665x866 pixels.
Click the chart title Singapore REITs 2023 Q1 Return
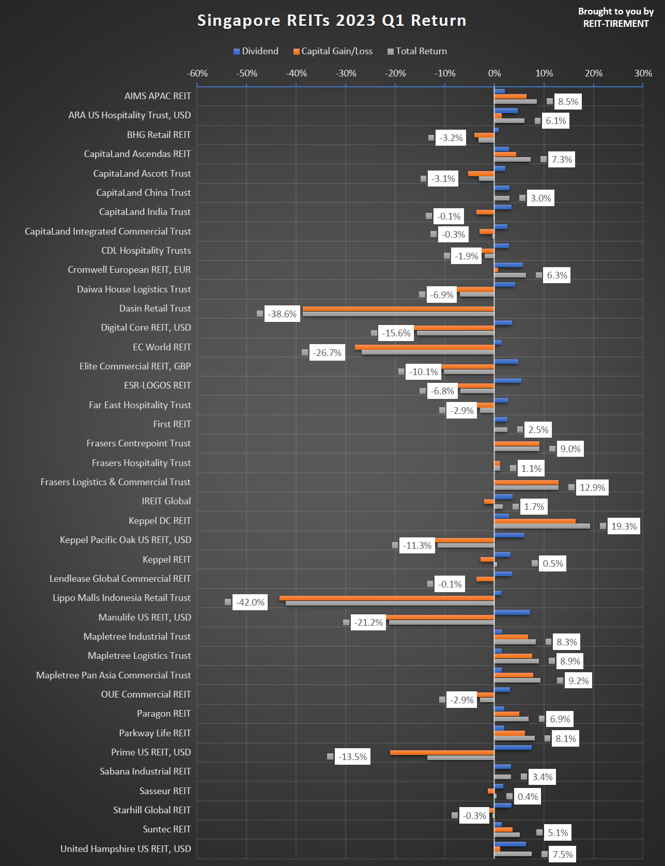tap(332, 21)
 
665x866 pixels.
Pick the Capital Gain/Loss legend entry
tap(333, 51)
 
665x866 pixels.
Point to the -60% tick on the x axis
tap(197, 73)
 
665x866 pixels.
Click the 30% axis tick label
tap(643, 73)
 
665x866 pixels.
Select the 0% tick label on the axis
tap(494, 73)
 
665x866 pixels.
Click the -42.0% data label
tap(250, 602)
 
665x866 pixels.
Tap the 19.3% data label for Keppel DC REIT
tap(624, 527)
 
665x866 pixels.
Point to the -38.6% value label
tap(282, 314)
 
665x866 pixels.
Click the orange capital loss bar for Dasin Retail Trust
tap(398, 309)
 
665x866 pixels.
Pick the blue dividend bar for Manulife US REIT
tap(512, 612)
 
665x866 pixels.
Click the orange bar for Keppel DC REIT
tap(535, 521)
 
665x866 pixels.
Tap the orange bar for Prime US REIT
tap(442, 752)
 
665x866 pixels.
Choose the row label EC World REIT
tap(162, 347)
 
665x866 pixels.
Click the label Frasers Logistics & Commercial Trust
tap(116, 482)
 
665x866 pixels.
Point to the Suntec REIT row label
tap(167, 829)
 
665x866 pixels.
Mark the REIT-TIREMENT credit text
tap(616, 24)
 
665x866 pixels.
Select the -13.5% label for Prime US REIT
tap(352, 757)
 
